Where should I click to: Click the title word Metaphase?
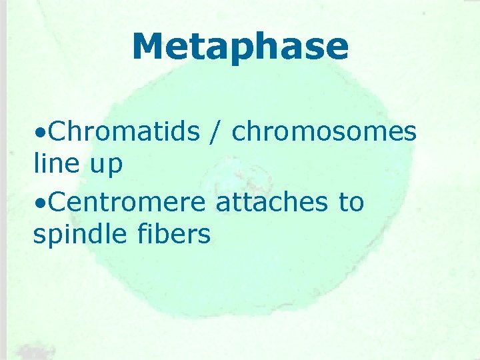click(x=240, y=47)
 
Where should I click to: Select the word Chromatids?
click(x=124, y=132)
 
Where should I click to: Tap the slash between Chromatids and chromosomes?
click(x=216, y=132)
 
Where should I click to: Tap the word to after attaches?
click(x=350, y=202)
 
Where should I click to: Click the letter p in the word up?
click(x=115, y=167)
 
